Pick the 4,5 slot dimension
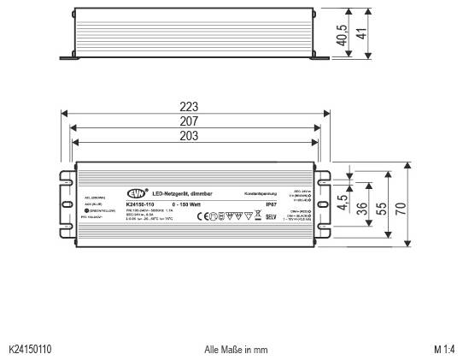tap(342, 205)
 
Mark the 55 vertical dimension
tap(382, 208)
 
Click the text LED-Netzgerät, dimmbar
tap(180, 195)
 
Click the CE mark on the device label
tap(202, 217)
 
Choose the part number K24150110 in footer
tap(30, 350)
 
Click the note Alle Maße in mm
tap(236, 350)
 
